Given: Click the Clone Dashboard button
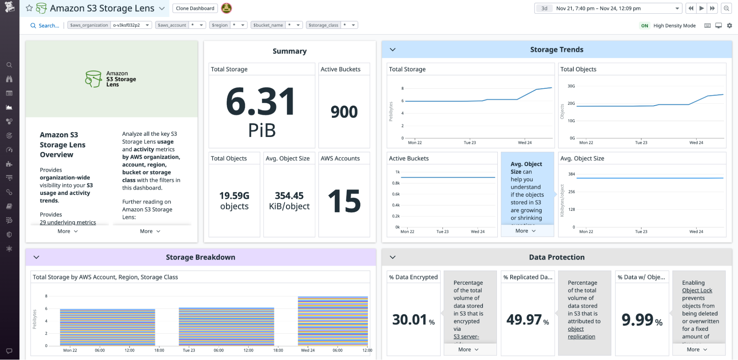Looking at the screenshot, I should [195, 8].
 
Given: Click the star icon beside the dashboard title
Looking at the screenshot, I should [29, 8].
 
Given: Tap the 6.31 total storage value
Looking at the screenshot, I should [261, 102].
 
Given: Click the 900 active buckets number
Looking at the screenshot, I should [344, 112].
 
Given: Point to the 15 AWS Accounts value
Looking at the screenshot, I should [344, 201].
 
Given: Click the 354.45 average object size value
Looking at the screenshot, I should [289, 196].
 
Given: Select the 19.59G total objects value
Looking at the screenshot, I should [234, 196].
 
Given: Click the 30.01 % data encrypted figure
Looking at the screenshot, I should [409, 320].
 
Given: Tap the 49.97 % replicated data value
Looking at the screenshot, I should [524, 320].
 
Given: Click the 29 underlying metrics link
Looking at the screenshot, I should [68, 222].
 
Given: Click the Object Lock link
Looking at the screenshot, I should [697, 290].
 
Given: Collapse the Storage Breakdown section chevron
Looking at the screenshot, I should [37, 257].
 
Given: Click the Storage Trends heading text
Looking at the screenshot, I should [556, 49].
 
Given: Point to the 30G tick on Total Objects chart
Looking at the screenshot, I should [571, 86].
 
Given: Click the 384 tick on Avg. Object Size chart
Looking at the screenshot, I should [571, 174].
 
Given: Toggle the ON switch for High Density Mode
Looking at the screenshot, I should [645, 25].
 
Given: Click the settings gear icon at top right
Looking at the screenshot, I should [730, 25].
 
